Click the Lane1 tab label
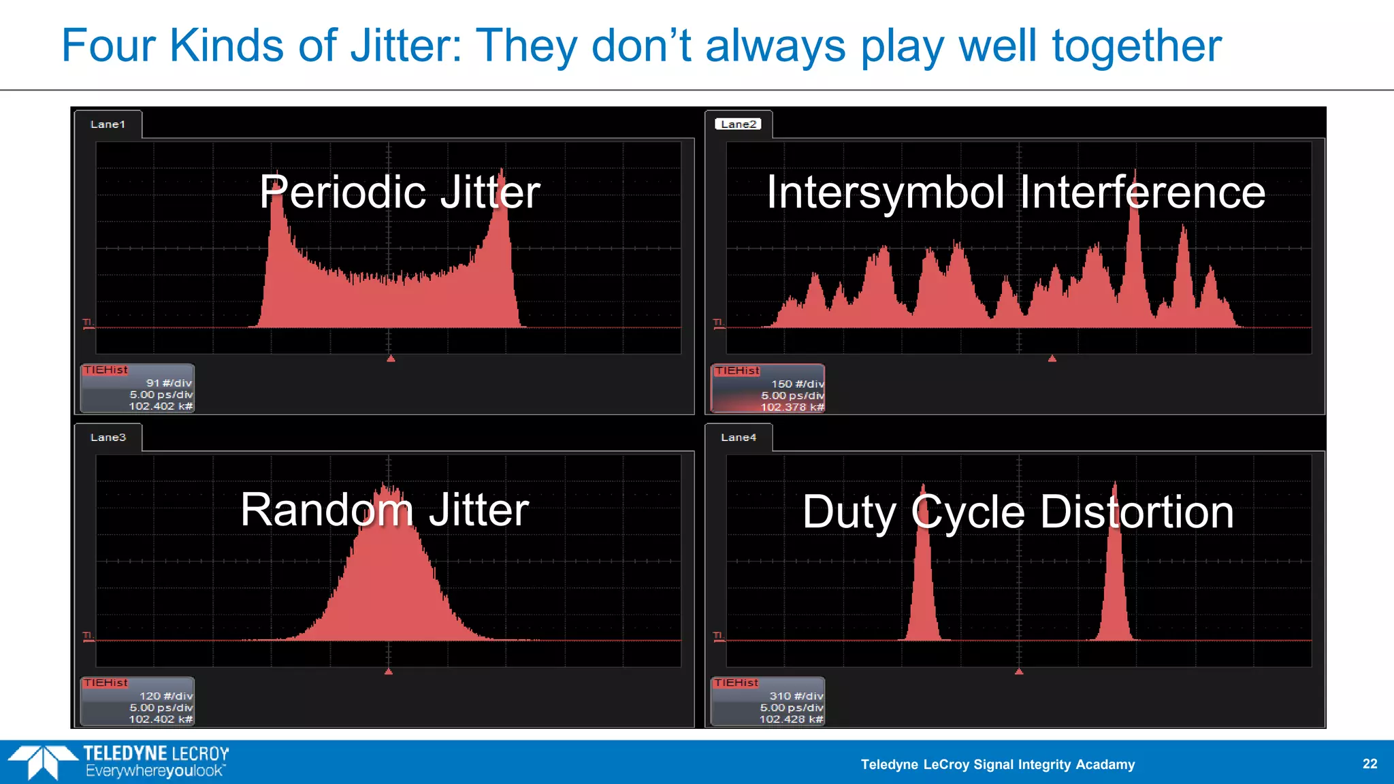(108, 125)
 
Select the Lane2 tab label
(739, 125)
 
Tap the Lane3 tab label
(108, 438)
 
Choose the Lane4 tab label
(739, 438)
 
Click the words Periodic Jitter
(400, 192)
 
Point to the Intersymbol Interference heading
(1016, 192)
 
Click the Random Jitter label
(385, 510)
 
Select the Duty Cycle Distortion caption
(1018, 512)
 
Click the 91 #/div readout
(169, 383)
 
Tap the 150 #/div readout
(797, 384)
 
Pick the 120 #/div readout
(166, 696)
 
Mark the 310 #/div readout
(796, 696)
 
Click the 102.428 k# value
(791, 719)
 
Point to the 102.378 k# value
(792, 407)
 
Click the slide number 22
(1369, 764)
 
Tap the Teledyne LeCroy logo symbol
(42, 761)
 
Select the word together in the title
(1137, 46)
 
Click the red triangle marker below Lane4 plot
(1019, 672)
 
